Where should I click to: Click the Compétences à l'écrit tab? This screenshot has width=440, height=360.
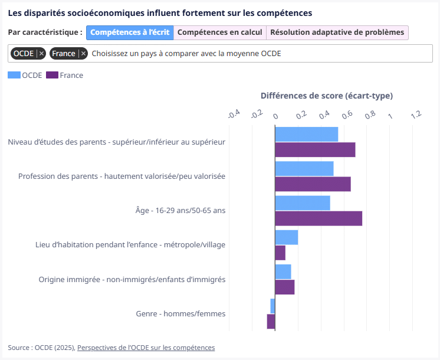(x=130, y=32)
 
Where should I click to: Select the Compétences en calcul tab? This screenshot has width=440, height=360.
(x=220, y=32)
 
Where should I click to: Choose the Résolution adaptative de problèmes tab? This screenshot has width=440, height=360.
(x=337, y=32)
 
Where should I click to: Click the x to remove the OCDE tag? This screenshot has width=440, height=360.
(x=42, y=54)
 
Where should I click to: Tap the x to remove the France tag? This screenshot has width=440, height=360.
(x=84, y=54)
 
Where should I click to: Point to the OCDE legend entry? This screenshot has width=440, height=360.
(x=25, y=75)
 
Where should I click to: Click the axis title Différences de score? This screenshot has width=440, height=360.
(x=326, y=96)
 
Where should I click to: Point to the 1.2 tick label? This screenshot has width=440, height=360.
(x=416, y=114)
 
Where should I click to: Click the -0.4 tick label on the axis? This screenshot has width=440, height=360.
(x=234, y=114)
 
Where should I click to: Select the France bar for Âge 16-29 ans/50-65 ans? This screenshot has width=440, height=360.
(x=318, y=218)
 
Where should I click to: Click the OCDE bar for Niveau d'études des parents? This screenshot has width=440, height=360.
(x=307, y=134)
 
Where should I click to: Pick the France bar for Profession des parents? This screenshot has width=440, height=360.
(x=313, y=184)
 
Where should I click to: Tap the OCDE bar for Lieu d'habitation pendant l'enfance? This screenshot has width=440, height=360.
(x=287, y=237)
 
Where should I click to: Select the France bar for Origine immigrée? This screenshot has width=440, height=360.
(x=285, y=287)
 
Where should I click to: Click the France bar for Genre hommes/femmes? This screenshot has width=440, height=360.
(x=271, y=321)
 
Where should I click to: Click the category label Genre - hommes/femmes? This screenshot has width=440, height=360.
(x=180, y=314)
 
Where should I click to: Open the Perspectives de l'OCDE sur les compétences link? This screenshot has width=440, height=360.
(x=146, y=348)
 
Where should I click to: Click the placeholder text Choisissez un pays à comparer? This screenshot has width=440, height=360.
(x=186, y=54)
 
